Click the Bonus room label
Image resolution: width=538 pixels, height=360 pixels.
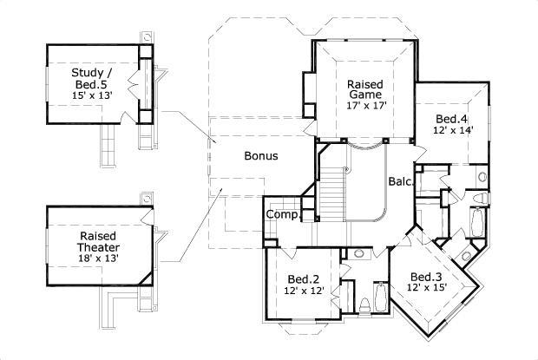260,157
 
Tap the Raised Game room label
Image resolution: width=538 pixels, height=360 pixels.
365,89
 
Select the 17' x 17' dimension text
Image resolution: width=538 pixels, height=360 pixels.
365,106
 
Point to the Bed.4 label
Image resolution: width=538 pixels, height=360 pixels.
452,119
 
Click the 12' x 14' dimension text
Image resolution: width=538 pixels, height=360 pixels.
452,131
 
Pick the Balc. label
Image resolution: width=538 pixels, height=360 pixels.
399,182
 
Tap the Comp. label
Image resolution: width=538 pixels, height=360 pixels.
282,214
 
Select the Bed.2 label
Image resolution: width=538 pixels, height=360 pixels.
304,278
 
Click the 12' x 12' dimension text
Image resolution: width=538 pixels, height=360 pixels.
304,291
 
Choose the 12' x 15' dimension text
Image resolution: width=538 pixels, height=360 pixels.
428,290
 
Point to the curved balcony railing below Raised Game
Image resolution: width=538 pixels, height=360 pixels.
365,148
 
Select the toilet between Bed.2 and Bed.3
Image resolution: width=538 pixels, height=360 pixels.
365,305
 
